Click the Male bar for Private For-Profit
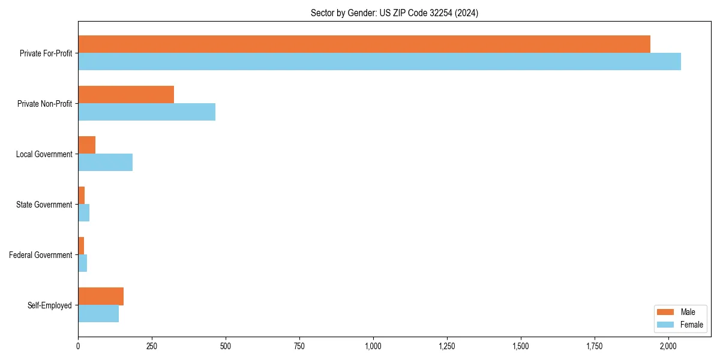(x=364, y=44)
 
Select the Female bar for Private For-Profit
(x=379, y=62)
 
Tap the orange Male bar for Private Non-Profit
(x=126, y=95)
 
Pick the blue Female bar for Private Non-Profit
(x=146, y=112)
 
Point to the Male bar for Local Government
(x=86, y=145)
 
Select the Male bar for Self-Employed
(x=101, y=296)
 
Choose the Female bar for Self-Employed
(x=98, y=314)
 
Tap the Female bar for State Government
(x=83, y=213)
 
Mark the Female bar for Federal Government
(x=82, y=263)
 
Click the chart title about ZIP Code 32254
(x=394, y=13)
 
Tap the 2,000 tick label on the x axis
(x=668, y=346)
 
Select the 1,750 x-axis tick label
(x=595, y=346)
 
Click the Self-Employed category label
(x=50, y=305)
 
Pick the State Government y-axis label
(x=44, y=205)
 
